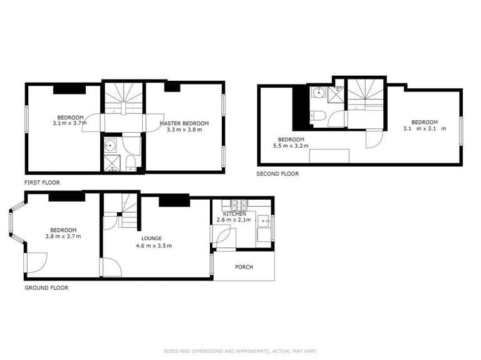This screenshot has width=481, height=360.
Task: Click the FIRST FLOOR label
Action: point(43,183)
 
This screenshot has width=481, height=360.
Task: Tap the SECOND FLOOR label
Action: point(277,173)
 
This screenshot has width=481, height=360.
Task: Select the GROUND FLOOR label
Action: point(46,288)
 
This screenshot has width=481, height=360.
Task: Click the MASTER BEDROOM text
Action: point(184,123)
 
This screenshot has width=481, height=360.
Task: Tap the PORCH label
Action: point(244,267)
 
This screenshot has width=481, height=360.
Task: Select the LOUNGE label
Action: point(152,239)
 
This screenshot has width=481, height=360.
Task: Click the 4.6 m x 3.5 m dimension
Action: point(153,245)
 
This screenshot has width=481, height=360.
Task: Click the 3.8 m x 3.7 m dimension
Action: point(63,236)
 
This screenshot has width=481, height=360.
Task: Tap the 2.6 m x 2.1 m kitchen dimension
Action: point(234,220)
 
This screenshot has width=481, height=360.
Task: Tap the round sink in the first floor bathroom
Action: point(110,147)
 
